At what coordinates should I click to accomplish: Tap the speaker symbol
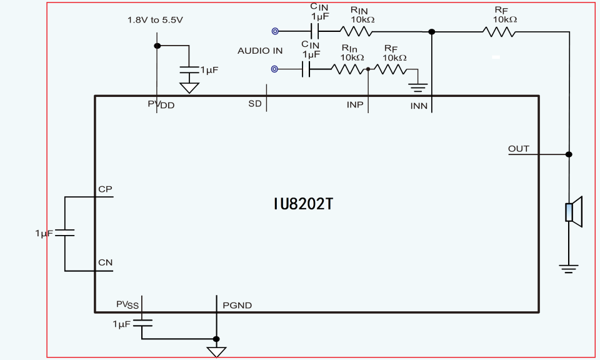tap(573, 212)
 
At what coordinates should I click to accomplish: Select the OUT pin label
tap(518, 149)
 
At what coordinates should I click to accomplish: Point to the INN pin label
tap(419, 106)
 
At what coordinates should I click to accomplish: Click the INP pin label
tap(354, 104)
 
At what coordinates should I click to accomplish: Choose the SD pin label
tap(254, 104)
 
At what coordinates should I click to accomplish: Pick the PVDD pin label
tap(161, 104)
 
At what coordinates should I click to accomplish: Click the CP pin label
tap(105, 189)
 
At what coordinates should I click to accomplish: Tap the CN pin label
tap(105, 262)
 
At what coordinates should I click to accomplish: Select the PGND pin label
tap(237, 306)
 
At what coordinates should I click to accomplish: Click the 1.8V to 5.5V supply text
tap(155, 20)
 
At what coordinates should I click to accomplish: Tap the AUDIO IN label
tap(260, 51)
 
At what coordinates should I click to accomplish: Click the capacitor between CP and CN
tap(64, 232)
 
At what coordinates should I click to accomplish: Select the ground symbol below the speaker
tap(568, 269)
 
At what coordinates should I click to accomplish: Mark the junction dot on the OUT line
tap(569, 154)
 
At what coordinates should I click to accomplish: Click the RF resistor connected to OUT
tap(499, 31)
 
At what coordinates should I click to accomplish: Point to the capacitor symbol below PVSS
tap(142, 323)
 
